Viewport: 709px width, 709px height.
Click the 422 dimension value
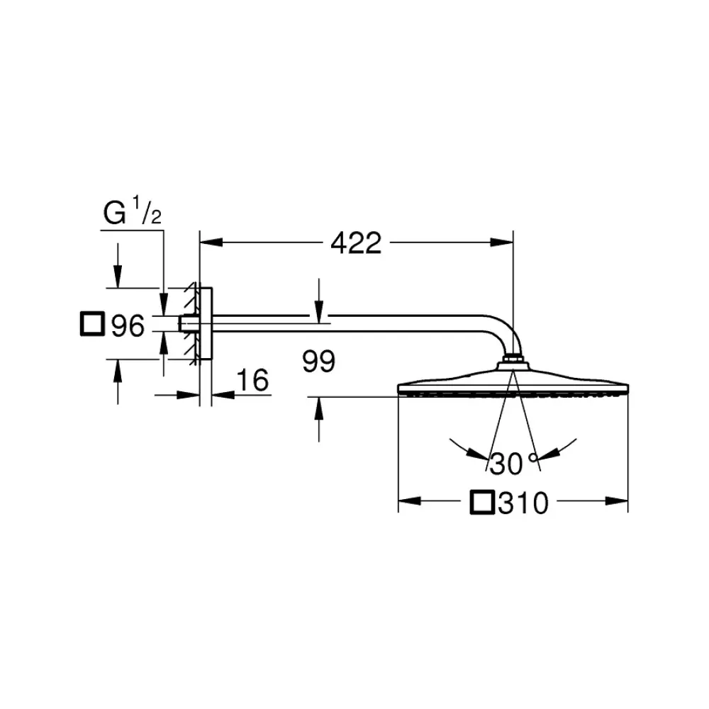click(356, 243)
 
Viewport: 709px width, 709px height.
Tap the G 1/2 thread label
click(132, 211)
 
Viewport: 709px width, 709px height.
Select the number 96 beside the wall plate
click(128, 325)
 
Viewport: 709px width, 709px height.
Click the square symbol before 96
click(92, 324)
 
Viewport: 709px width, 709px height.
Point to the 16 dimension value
click(252, 380)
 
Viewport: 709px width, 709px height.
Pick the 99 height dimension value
click(319, 361)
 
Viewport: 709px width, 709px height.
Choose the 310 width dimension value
click(523, 503)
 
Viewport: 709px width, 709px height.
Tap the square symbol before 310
click(482, 502)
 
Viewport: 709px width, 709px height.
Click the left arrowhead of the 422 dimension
click(211, 242)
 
